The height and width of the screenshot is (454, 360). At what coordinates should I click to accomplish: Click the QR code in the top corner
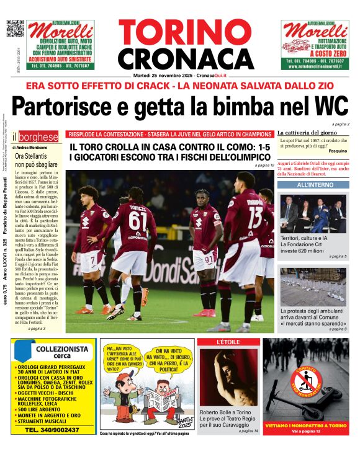click(x=15, y=29)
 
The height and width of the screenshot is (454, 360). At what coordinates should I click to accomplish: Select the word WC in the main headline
click(x=330, y=107)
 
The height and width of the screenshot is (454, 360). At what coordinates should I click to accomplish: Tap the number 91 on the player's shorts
click(x=209, y=259)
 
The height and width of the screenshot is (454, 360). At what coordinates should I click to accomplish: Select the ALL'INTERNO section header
click(x=314, y=185)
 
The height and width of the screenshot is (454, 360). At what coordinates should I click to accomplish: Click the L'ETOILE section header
click(x=228, y=342)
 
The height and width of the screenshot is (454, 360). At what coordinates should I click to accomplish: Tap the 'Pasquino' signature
click(x=338, y=151)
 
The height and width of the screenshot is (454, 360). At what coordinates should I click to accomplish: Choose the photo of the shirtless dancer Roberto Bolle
click(x=227, y=376)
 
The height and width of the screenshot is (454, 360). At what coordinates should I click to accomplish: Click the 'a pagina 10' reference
click(x=263, y=166)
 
